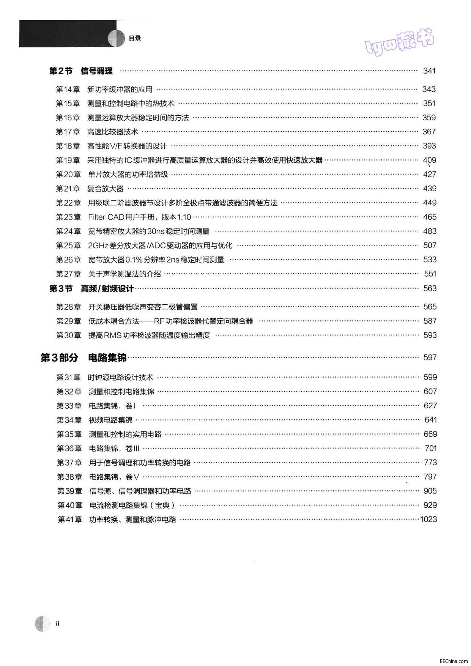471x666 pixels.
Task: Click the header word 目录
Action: pyautogui.click(x=135, y=38)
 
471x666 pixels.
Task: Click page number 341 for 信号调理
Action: pyautogui.click(x=429, y=71)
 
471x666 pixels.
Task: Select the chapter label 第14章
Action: pyautogui.click(x=68, y=89)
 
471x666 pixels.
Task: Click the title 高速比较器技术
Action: pyautogui.click(x=113, y=132)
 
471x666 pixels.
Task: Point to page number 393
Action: pyautogui.click(x=429, y=146)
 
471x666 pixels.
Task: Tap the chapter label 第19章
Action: pyautogui.click(x=68, y=160)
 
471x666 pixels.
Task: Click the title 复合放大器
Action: pyautogui.click(x=106, y=189)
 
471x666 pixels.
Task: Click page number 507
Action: pyautogui.click(x=430, y=246)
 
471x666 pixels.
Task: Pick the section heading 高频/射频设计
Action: pyautogui.click(x=107, y=288)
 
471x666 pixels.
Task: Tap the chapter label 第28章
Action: pyautogui.click(x=69, y=307)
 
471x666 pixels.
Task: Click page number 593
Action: pyautogui.click(x=430, y=335)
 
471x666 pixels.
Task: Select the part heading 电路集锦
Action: pyautogui.click(x=107, y=357)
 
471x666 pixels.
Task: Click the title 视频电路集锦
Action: pyautogui.click(x=110, y=420)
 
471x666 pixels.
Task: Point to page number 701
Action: pyautogui.click(x=431, y=448)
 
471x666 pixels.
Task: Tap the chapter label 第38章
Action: pyautogui.click(x=69, y=477)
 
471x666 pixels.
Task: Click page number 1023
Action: pyautogui.click(x=428, y=519)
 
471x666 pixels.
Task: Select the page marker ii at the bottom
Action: pyautogui.click(x=58, y=623)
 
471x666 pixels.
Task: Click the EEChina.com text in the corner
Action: pyautogui.click(x=454, y=661)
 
